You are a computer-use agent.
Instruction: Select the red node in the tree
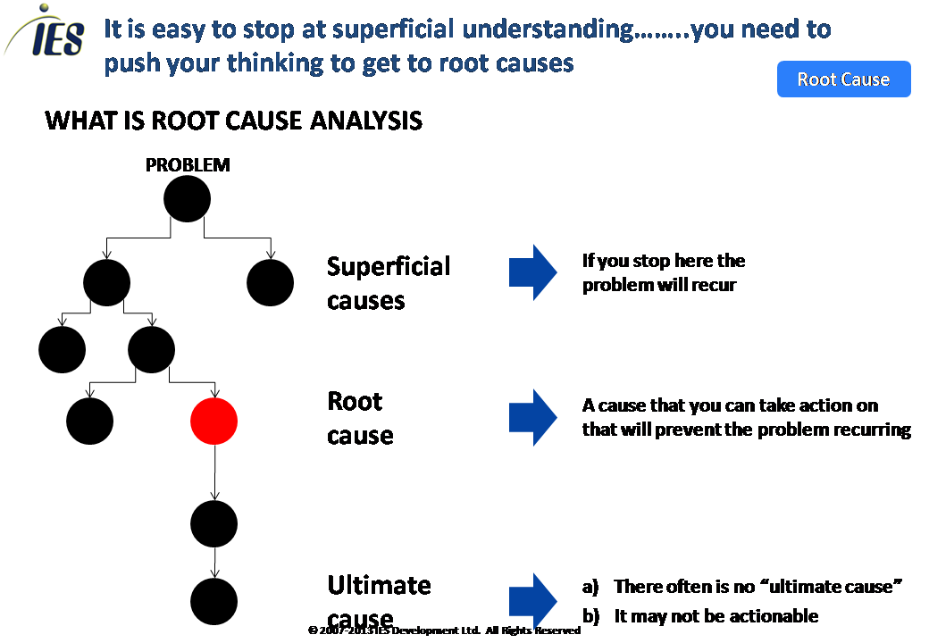(214, 422)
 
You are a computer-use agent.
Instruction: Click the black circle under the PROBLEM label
(188, 198)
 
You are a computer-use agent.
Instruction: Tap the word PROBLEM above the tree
(188, 165)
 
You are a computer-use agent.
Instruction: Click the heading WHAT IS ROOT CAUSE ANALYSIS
(233, 121)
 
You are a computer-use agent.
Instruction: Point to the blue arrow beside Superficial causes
(533, 272)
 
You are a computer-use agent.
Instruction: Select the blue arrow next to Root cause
(533, 417)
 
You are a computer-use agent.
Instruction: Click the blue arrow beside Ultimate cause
(533, 600)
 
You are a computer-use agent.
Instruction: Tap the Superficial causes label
(389, 283)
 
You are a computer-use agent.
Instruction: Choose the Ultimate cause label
(379, 600)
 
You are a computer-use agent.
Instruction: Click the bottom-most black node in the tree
(214, 600)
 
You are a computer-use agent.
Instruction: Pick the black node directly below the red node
(214, 523)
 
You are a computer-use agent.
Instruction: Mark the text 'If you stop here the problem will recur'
(663, 272)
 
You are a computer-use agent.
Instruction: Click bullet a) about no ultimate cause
(741, 587)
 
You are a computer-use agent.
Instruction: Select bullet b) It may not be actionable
(700, 616)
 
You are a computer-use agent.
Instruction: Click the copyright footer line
(444, 630)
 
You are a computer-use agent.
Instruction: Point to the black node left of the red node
(90, 422)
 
